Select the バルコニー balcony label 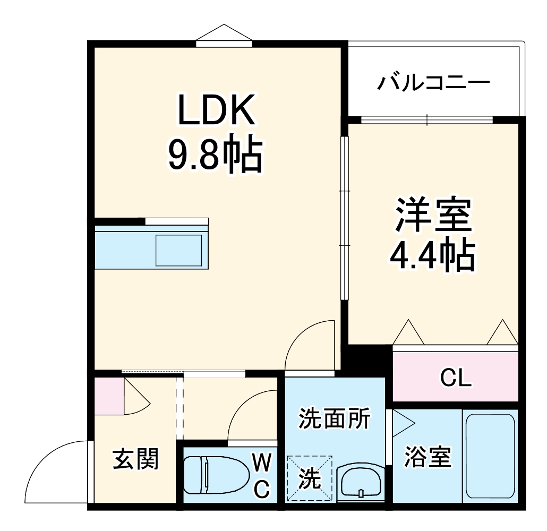(x=433, y=83)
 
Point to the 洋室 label (x=433, y=216)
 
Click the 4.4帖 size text (x=432, y=256)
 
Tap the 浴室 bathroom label (x=428, y=457)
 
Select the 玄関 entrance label (x=136, y=459)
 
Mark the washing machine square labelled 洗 (x=310, y=478)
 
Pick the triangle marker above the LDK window (x=224, y=33)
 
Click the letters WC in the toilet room (x=261, y=475)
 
